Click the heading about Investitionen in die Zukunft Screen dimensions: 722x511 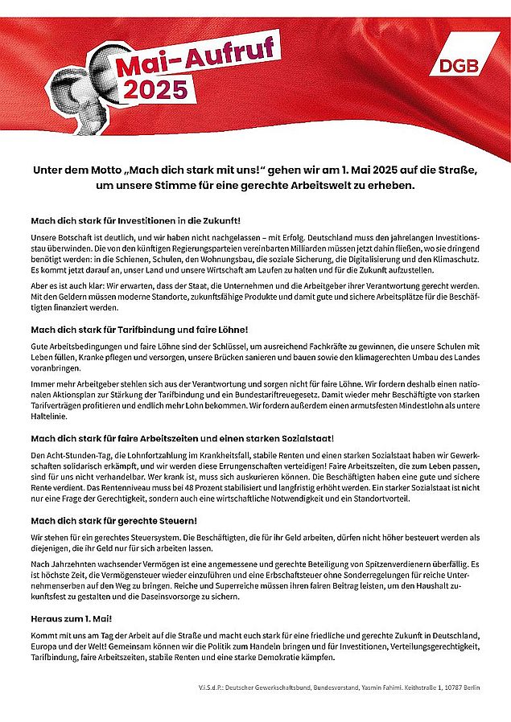pyautogui.click(x=135, y=219)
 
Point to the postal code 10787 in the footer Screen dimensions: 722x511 pyautogui.click(x=451, y=688)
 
